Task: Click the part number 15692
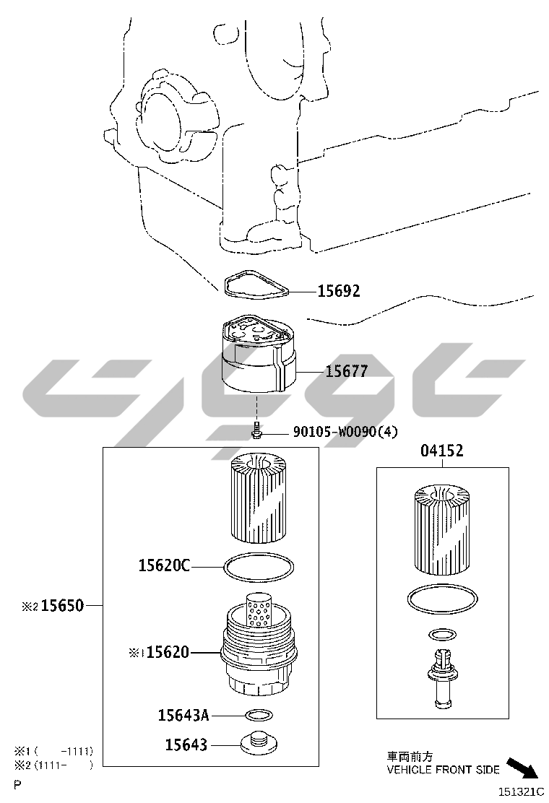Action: (339, 291)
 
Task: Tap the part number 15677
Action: (347, 370)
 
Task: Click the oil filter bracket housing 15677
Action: (259, 355)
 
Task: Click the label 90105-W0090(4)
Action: (345, 432)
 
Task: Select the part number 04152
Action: (442, 450)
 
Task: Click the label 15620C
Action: (165, 565)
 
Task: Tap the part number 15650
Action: (62, 605)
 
